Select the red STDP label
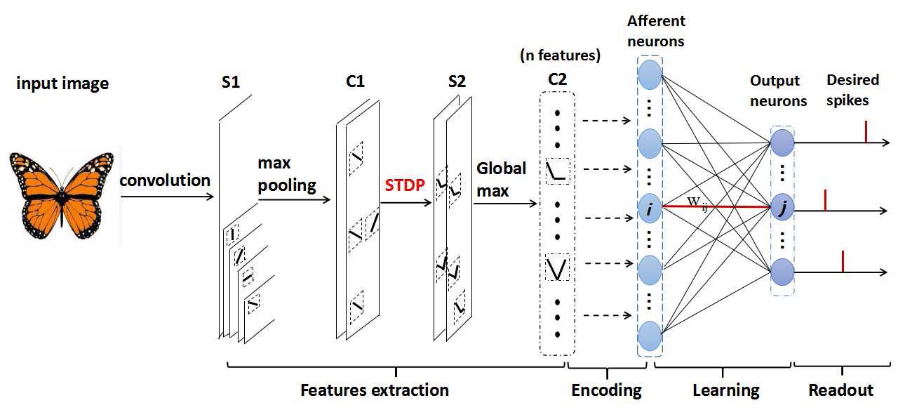pos(406,187)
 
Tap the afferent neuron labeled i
pos(650,207)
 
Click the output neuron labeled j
pos(782,208)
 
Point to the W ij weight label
pos(697,203)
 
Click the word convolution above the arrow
pos(165,180)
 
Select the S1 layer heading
pos(231,82)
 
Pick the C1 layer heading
pos(356,82)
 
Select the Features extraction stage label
pos(375,390)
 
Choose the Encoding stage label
pos(606,390)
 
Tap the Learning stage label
pos(725,390)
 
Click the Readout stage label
pos(840,390)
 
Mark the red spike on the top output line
pos(866,131)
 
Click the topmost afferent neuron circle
pos(650,74)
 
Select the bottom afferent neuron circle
pos(650,336)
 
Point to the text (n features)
pos(558,55)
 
